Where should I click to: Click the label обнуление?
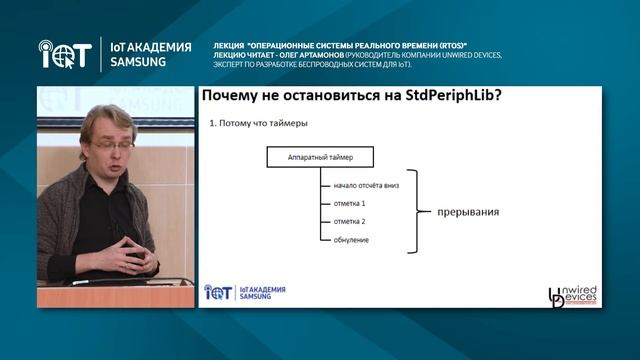point(337,240)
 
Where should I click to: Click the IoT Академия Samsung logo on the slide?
point(246,292)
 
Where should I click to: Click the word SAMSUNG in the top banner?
point(140,60)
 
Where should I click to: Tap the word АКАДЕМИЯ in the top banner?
point(155,45)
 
